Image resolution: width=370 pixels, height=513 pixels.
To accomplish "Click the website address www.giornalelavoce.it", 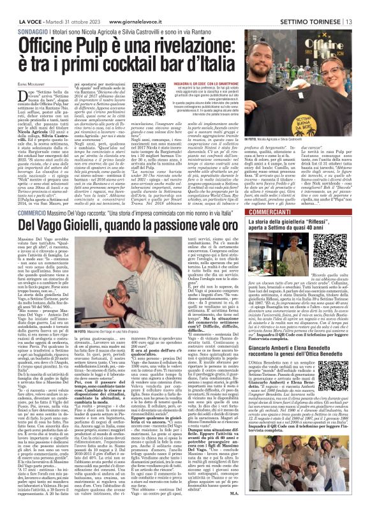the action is (x=136, y=6).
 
